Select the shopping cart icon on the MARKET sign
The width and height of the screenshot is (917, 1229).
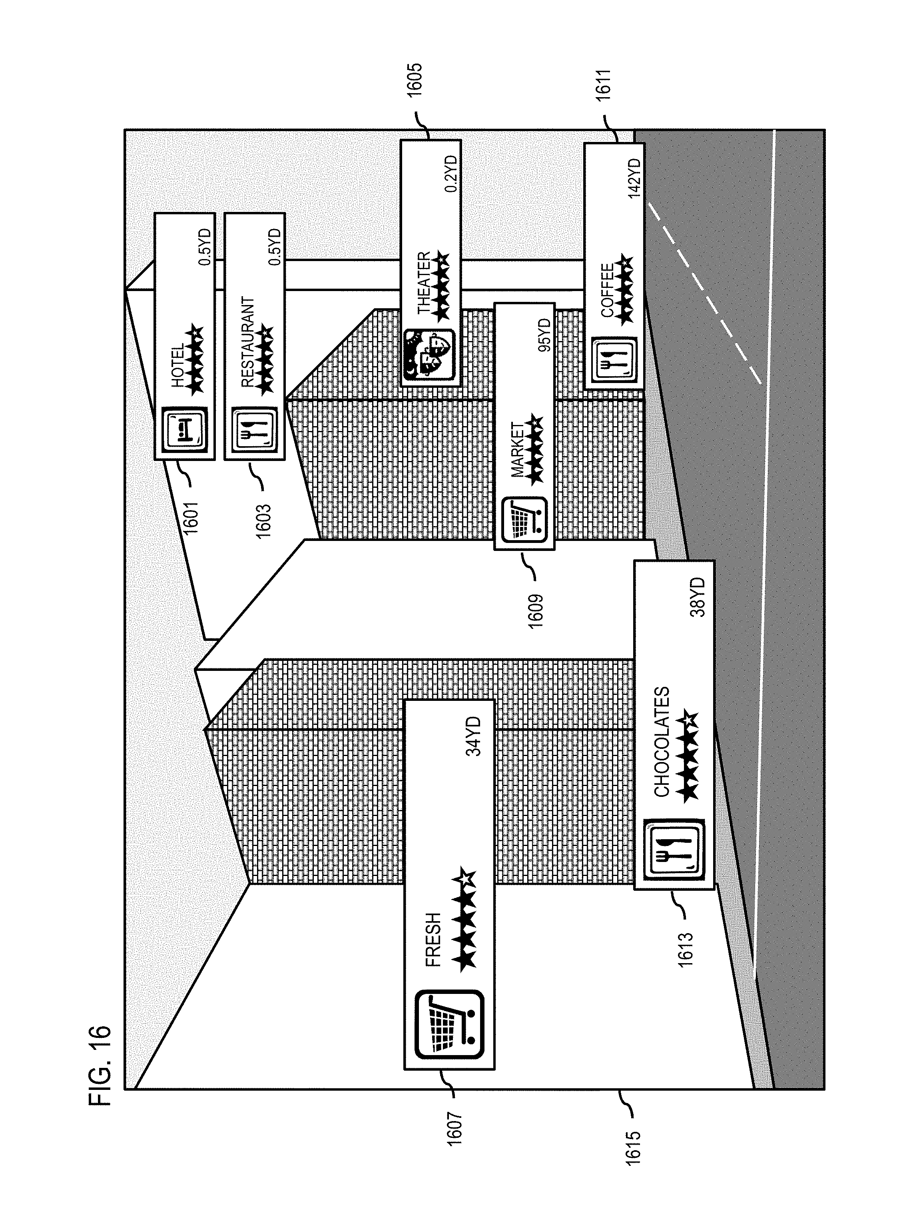[524, 520]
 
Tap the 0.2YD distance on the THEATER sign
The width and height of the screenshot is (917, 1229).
[451, 174]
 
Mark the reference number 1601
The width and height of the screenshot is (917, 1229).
[191, 517]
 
